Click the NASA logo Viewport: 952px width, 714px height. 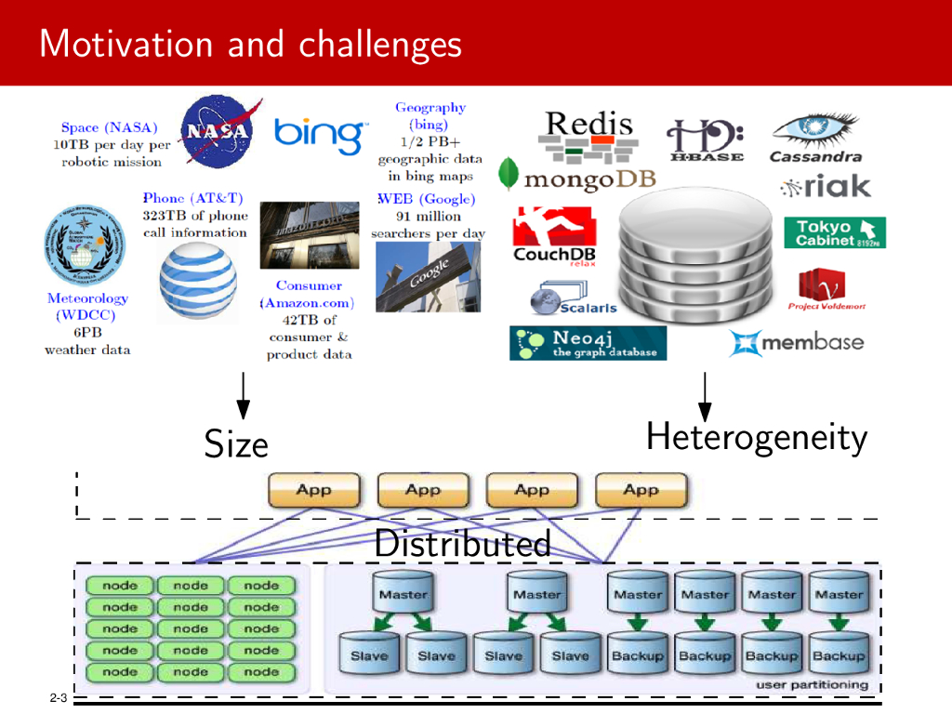tap(216, 132)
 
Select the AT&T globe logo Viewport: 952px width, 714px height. tap(197, 279)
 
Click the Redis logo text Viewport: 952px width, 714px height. tap(588, 125)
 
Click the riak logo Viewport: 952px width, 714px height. tap(825, 187)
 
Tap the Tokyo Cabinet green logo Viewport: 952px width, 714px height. tap(834, 232)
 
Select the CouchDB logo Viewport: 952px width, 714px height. tap(554, 235)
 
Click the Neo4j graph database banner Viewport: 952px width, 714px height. tap(588, 343)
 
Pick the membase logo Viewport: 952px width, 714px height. tap(797, 343)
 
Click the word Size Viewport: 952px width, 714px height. tap(236, 443)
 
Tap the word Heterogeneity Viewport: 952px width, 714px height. tap(756, 436)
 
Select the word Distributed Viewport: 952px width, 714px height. tap(462, 544)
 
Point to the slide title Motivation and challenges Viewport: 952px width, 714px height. tap(250, 44)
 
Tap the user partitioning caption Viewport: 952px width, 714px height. tap(812, 685)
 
